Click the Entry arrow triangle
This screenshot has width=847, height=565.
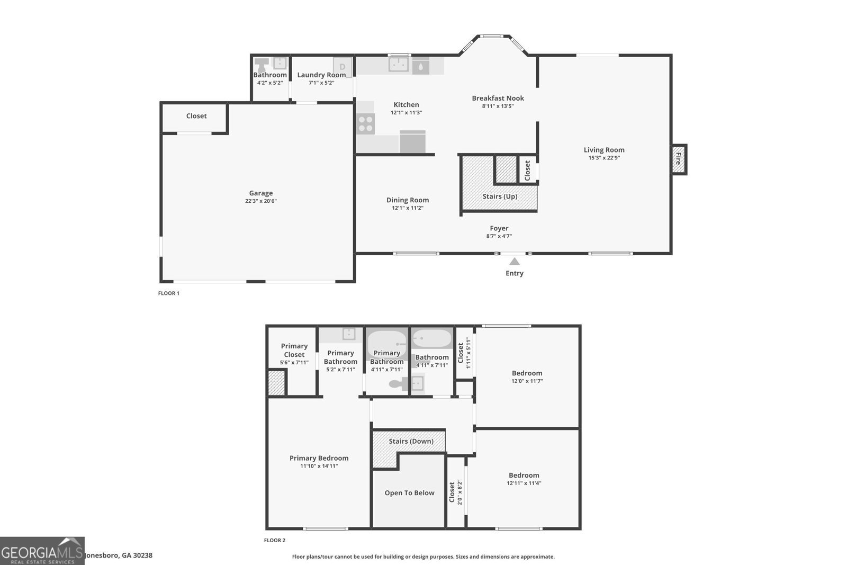click(x=514, y=261)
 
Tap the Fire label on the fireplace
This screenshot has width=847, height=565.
click(x=678, y=158)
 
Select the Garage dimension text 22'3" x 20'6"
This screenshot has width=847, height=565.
click(x=260, y=201)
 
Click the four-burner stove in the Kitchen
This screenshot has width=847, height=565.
click(x=366, y=124)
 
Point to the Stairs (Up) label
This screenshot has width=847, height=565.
click(x=500, y=196)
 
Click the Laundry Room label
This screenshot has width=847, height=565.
click(x=321, y=75)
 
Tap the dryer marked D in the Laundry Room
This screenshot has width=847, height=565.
click(x=343, y=67)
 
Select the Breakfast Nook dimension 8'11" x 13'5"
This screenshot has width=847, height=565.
click(x=498, y=106)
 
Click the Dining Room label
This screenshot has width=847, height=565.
click(x=407, y=200)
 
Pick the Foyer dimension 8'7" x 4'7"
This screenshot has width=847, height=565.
click(x=499, y=237)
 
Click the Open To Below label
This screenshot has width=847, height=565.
click(x=409, y=493)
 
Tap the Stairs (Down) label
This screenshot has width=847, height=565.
click(x=411, y=441)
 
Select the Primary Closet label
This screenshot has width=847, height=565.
click(x=294, y=350)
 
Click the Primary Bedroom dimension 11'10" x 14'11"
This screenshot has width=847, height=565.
click(x=319, y=467)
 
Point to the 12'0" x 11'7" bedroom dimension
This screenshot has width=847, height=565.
click(x=527, y=381)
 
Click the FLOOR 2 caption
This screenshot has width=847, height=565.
click(x=274, y=541)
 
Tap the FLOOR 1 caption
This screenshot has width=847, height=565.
click(x=168, y=293)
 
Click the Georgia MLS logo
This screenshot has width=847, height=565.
click(x=42, y=551)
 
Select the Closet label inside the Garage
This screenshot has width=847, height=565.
click(x=196, y=116)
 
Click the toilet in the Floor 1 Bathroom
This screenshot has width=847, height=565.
click(x=262, y=65)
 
